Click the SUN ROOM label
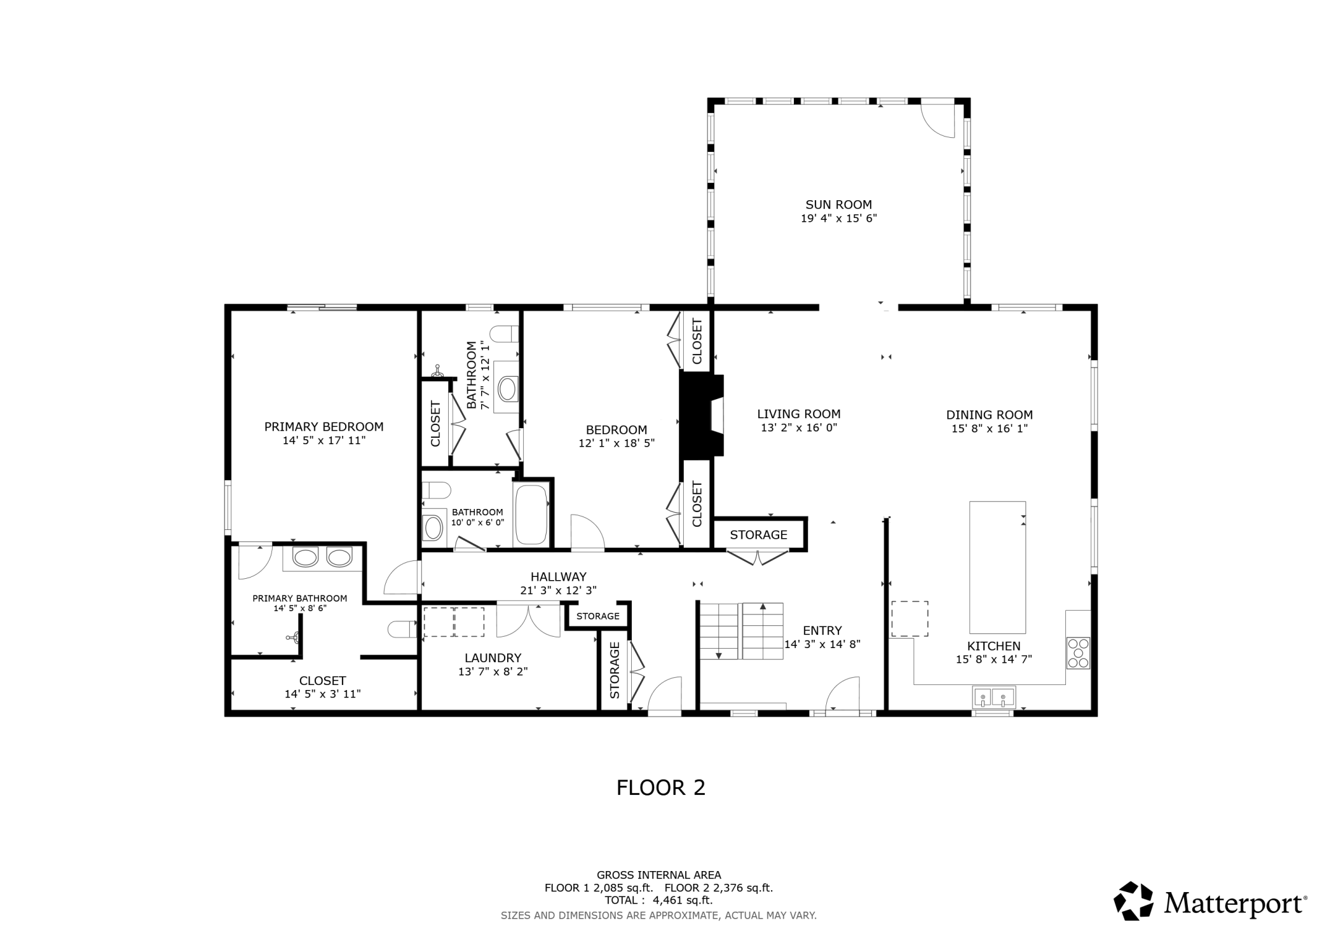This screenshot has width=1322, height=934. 838,205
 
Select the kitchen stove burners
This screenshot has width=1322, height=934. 1078,653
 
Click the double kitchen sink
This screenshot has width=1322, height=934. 993,697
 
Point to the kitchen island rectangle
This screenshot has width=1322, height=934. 997,567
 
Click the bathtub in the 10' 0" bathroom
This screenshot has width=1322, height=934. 531,515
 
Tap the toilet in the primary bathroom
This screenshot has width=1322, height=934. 402,629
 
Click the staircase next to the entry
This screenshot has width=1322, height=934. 741,631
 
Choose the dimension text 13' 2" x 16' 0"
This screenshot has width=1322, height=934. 799,428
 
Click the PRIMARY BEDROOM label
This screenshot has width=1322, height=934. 324,427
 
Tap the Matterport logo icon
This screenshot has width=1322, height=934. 1133,900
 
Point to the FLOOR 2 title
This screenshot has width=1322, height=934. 660,788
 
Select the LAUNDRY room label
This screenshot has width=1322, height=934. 493,658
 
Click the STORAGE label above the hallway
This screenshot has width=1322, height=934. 758,535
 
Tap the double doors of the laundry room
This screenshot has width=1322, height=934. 528,620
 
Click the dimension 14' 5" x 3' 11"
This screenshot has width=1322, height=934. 322,694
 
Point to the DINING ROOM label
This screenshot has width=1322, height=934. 989,415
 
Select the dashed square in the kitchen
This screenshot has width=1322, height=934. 910,619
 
